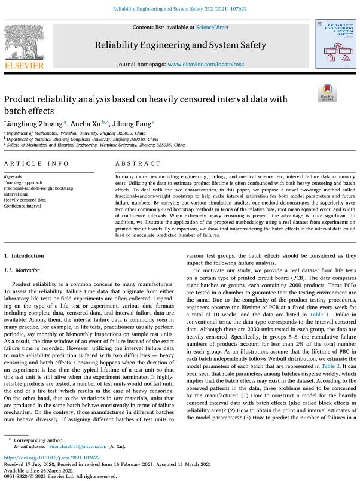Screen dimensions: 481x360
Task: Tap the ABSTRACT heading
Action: (138, 163)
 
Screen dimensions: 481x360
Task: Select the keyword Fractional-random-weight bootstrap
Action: (38, 188)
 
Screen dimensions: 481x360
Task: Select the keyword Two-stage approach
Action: (23, 182)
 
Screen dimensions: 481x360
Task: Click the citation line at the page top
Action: (179, 9)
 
